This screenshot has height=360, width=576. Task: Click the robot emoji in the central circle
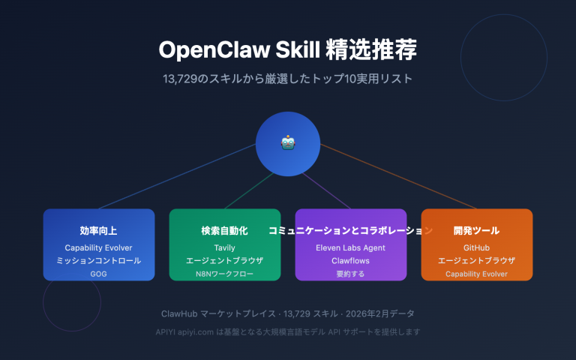click(x=288, y=142)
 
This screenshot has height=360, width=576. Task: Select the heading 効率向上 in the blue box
click(x=99, y=231)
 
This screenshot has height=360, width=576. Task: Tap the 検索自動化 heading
click(x=225, y=231)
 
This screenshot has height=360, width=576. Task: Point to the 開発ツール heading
click(x=477, y=231)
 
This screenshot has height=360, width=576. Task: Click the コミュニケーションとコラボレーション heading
click(x=351, y=231)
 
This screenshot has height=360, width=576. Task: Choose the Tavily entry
click(x=225, y=247)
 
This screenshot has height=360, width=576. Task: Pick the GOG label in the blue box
click(x=99, y=274)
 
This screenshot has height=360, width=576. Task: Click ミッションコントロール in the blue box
click(x=99, y=261)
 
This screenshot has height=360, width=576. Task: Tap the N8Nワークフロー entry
click(x=225, y=274)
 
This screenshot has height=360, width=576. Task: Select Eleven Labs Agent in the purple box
click(x=351, y=247)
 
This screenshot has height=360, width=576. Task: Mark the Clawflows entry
click(x=351, y=261)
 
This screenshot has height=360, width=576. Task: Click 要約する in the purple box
click(x=351, y=274)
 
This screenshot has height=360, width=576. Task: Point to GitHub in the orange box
click(x=477, y=247)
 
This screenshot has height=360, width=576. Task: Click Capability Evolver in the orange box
click(x=477, y=274)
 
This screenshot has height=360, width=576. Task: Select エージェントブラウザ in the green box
click(x=225, y=261)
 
